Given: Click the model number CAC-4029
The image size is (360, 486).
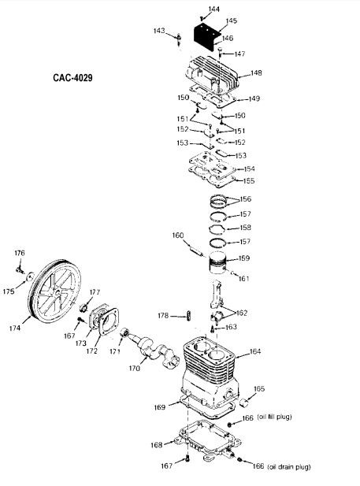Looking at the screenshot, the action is pos(72,77).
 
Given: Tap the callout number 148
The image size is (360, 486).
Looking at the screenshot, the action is pos(256,72).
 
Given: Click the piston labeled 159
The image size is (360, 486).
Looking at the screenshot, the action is pos(217,262).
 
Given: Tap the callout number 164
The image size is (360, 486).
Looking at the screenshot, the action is pos(255,351).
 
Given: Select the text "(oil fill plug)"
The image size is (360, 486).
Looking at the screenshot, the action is pos(274,417).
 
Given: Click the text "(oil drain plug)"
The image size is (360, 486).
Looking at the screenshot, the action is pos(289,466).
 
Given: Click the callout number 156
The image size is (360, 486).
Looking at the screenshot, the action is pos(246,199).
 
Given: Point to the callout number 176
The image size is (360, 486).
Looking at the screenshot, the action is pos(19,253).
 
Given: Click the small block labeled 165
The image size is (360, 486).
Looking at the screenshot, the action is pos(246,403).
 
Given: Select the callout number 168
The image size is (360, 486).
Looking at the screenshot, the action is pos(157,445).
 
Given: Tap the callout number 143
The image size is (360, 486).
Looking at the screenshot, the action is pos(159,31).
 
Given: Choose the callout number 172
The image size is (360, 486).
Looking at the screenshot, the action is pos(92,351).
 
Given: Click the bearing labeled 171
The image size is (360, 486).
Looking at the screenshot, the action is pos(124,332).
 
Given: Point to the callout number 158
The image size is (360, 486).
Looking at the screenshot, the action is pos(245,228).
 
